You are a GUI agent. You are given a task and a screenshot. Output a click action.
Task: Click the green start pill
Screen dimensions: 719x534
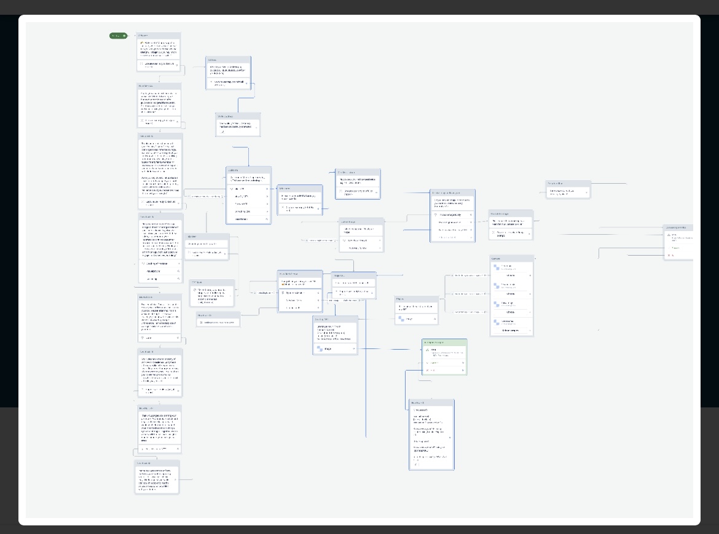pyautogui.click(x=118, y=36)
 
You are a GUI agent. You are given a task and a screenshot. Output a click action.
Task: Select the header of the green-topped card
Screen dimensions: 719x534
pyautogui.click(x=444, y=342)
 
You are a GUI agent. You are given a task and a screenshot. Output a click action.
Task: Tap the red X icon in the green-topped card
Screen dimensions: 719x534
pyautogui.click(x=428, y=371)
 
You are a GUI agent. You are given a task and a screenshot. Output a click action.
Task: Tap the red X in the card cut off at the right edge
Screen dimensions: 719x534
pyautogui.click(x=669, y=255)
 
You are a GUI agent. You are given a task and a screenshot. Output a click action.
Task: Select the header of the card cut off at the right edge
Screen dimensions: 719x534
pyautogui.click(x=678, y=227)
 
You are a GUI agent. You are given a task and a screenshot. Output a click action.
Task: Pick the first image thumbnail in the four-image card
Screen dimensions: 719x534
pyautogui.click(x=497, y=267)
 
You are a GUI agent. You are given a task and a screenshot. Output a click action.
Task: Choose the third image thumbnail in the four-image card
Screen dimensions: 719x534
pyautogui.click(x=497, y=304)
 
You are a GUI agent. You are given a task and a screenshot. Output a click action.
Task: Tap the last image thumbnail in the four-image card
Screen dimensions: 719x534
pyautogui.click(x=497, y=322)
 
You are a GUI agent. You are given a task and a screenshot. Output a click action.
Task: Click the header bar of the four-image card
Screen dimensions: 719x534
pyautogui.click(x=511, y=259)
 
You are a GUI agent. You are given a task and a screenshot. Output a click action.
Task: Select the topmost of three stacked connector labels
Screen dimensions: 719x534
pyautogui.click(x=470, y=276)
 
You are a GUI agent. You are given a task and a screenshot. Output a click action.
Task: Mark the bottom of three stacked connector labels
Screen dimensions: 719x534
pyautogui.click(x=470, y=312)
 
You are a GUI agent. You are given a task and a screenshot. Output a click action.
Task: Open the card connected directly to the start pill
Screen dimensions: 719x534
pyautogui.click(x=159, y=52)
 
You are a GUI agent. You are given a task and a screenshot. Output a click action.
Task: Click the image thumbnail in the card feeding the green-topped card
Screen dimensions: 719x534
pyautogui.click(x=320, y=348)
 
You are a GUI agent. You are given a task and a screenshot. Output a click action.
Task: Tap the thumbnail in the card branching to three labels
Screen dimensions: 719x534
pyautogui.click(x=401, y=319)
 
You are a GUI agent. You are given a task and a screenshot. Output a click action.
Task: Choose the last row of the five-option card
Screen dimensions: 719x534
pyautogui.click(x=248, y=219)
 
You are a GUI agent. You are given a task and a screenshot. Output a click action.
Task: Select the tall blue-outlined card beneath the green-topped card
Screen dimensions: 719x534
pyautogui.click(x=431, y=434)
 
